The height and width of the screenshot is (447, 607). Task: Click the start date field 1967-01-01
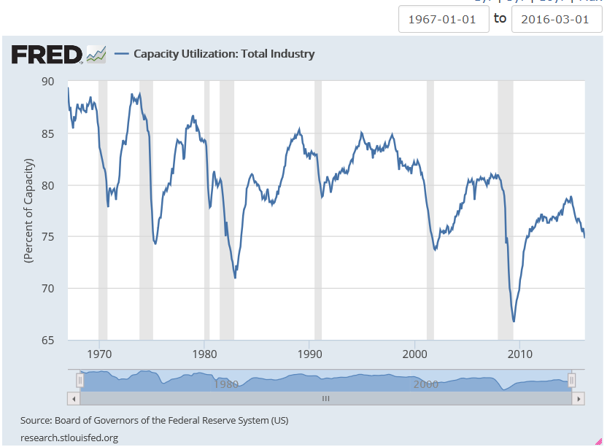click(x=444, y=19)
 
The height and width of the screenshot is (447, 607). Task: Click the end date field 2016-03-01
click(x=556, y=19)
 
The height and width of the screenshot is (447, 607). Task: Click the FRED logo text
click(x=46, y=54)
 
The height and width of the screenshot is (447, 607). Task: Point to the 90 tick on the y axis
click(x=47, y=82)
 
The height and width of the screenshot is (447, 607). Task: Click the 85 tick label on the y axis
click(x=47, y=133)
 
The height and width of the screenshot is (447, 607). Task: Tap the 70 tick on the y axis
click(x=47, y=289)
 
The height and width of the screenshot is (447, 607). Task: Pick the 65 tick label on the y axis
click(x=47, y=341)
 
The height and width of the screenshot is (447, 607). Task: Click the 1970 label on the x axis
click(x=98, y=355)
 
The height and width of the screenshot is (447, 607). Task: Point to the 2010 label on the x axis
click(x=519, y=355)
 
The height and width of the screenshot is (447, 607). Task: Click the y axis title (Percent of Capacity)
click(x=28, y=210)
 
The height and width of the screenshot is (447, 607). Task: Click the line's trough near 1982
click(x=235, y=278)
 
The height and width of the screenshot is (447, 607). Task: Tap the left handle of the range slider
click(x=80, y=380)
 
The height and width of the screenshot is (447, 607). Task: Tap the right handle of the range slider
click(x=572, y=380)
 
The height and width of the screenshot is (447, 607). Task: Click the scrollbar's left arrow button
click(x=73, y=399)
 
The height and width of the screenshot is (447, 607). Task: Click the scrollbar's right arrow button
click(x=578, y=399)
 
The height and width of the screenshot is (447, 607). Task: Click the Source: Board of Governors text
click(x=155, y=421)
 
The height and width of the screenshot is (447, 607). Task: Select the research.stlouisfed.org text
click(x=69, y=438)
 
